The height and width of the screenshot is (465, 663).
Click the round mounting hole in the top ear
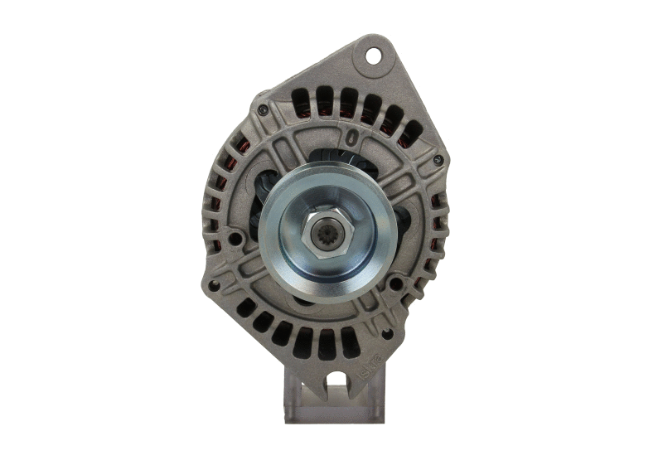coord(373,56)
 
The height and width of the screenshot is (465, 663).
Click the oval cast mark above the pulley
coord(354,136)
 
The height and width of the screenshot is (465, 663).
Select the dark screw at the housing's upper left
coord(264,109)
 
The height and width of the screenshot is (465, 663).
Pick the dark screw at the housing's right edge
coord(438,160)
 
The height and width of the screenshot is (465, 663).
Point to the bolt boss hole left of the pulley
coord(235,240)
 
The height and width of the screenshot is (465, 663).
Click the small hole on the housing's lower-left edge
coord(215,285)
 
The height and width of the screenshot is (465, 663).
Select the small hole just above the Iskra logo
coord(385,333)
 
